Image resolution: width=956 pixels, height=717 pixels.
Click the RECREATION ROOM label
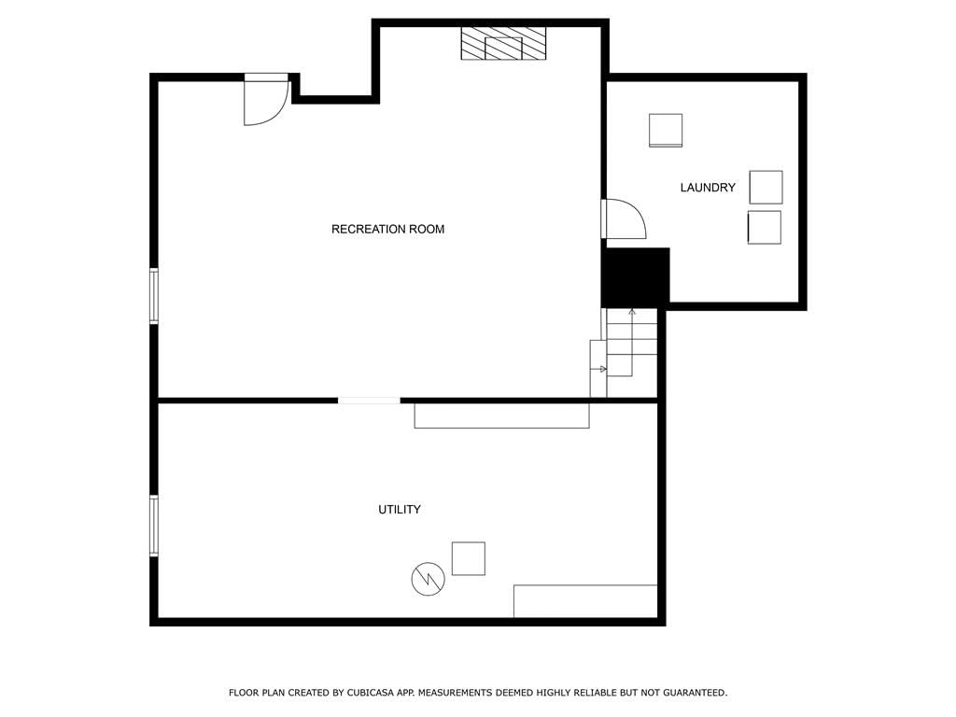387,230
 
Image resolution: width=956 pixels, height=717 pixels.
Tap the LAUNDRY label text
708,188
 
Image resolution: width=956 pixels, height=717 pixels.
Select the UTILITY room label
400,510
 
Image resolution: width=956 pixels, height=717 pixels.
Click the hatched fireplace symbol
503,43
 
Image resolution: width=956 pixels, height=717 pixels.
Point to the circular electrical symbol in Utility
428,579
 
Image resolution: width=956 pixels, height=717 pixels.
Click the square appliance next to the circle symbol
469,558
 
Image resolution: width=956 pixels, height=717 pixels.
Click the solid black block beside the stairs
635,277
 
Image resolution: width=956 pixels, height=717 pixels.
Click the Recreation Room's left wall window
154,296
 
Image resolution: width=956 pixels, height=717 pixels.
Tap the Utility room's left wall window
154,526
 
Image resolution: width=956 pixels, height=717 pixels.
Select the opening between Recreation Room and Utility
369,401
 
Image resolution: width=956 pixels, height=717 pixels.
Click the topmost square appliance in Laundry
666,130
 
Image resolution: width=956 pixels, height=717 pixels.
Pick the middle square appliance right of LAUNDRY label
766,187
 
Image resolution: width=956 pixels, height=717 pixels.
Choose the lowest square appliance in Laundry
765,228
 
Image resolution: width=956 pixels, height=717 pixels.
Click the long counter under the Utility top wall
501,415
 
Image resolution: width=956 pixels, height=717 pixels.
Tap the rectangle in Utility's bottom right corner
585,601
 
